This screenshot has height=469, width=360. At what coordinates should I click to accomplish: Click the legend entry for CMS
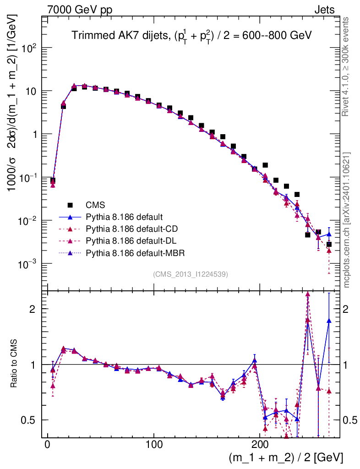pyautogui.click(x=94, y=205)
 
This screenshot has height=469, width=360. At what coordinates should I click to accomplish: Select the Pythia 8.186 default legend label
pyautogui.click(x=124, y=217)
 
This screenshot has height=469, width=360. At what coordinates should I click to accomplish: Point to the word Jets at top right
pyautogui.click(x=324, y=10)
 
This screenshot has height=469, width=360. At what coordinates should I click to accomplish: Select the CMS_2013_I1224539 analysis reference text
pyautogui.click(x=191, y=274)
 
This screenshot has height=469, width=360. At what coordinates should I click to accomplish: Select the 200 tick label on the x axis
pyautogui.click(x=260, y=444)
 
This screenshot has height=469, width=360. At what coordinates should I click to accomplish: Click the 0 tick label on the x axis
pyautogui.click(x=48, y=444)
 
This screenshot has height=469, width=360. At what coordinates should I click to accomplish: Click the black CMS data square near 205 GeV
pyautogui.click(x=265, y=165)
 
